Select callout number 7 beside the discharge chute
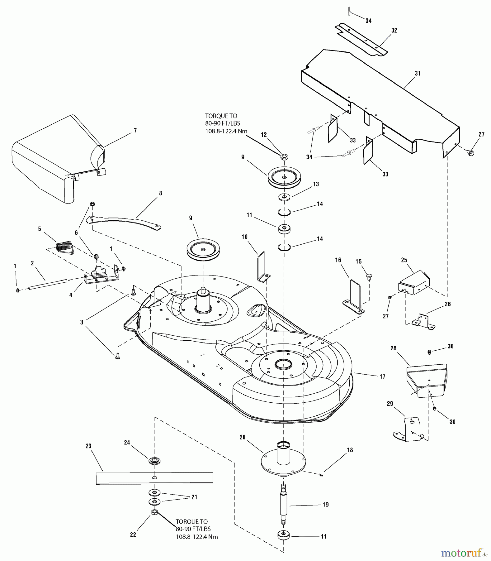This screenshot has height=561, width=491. pos(135,130)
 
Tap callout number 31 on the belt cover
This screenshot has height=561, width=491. pos(418,74)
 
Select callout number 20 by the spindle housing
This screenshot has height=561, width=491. pos(243,437)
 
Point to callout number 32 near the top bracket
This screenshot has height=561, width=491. pos(394,30)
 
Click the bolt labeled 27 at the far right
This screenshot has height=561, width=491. pos(471,153)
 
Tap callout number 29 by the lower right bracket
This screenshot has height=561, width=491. pos(390,404)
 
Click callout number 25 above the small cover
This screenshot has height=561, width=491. pos(404,260)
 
